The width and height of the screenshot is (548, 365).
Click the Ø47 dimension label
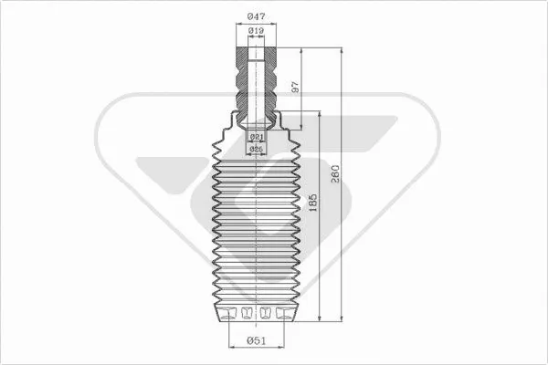[x=258, y=16]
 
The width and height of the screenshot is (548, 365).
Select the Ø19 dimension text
[x=258, y=32]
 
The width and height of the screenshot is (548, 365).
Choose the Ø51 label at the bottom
[x=258, y=342]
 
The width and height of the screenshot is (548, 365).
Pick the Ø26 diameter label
[x=257, y=148]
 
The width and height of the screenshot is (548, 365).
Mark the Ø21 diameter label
[x=257, y=136]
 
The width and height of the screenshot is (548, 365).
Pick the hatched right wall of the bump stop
[x=271, y=82]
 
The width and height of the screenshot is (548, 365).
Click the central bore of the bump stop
[x=258, y=82]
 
